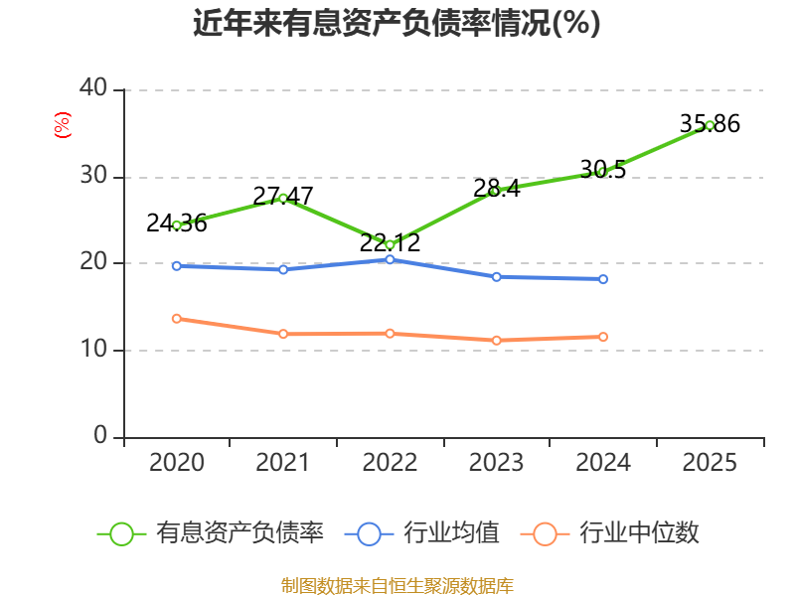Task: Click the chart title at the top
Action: pos(397,23)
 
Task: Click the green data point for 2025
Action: pos(710,126)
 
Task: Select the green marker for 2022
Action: pos(390,244)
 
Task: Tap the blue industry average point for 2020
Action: pos(177,266)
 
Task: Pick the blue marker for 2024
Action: pos(603,279)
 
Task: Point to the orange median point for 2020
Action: pos(177,319)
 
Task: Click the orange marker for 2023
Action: pos(497,341)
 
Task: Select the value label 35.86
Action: pos(710,123)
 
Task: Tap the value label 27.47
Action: pos(283,196)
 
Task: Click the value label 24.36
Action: pos(177,223)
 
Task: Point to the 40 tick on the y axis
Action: pos(93,87)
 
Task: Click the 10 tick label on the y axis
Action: pos(93,349)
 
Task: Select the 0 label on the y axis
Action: pos(100,435)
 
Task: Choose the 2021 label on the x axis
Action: pos(283,462)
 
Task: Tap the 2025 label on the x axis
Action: pos(710,462)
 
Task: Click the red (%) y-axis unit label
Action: pos(63,125)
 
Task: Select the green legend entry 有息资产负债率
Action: pos(211,533)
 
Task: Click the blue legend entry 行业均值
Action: pos(421,533)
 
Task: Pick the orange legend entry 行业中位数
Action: pos(610,533)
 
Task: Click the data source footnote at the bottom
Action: pos(397,586)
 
